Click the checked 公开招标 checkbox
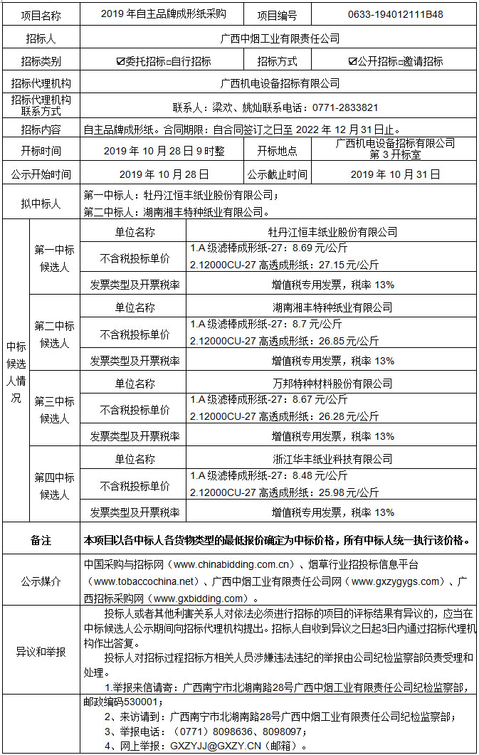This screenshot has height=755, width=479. click(353, 62)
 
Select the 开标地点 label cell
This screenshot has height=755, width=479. click(278, 151)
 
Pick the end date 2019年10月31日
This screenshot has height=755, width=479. click(395, 174)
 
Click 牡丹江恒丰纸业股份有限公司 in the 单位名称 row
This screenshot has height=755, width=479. click(332, 232)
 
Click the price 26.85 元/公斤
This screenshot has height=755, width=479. click(352, 340)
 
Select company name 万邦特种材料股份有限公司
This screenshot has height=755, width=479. click(332, 384)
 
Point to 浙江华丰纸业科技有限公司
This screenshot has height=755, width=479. click(332, 459)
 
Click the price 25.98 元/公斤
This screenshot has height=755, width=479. click(352, 492)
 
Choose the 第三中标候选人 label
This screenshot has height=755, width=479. click(55, 410)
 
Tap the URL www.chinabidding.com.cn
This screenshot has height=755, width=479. click(234, 564)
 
